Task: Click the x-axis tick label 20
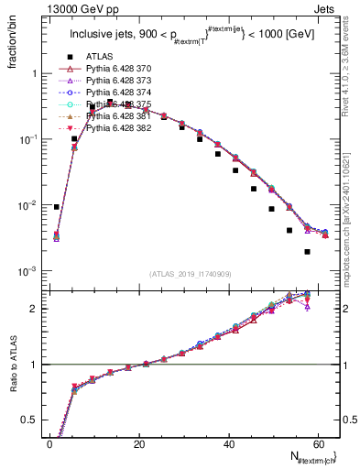[138, 445]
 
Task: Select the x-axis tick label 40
[227, 445]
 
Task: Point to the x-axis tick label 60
[316, 445]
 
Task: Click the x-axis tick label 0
[49, 445]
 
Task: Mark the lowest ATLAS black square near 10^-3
[307, 251]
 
